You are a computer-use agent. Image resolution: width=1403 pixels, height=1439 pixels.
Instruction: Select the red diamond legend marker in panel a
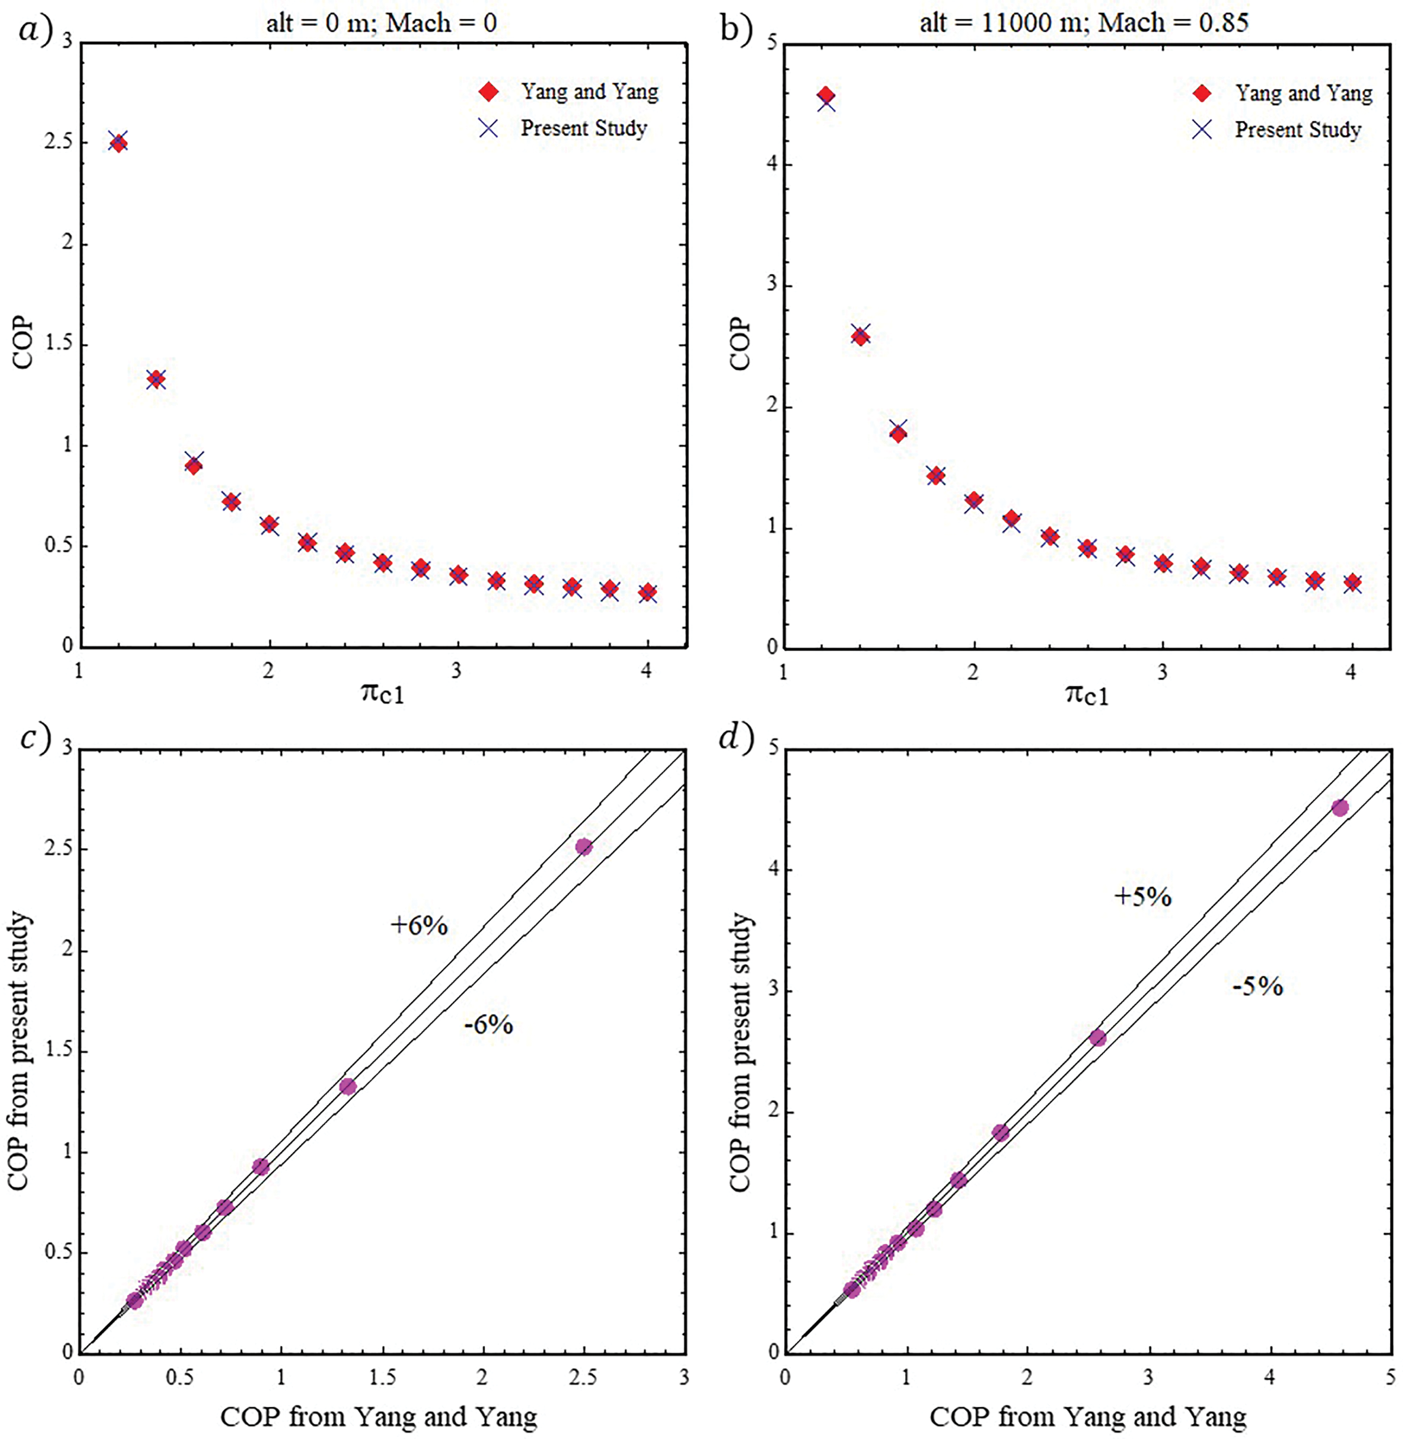pos(489,91)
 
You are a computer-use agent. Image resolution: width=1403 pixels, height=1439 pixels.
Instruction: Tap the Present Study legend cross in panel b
pos(1202,130)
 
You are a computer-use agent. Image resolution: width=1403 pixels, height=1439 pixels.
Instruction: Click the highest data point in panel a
pos(118,142)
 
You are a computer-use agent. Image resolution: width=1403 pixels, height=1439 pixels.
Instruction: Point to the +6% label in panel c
pos(418,926)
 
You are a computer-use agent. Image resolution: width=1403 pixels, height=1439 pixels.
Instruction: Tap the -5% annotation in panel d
pos(1258,986)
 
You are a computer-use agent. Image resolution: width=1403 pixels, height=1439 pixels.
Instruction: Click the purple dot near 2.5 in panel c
pos(584,847)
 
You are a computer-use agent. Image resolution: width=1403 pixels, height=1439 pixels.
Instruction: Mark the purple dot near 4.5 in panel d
pos(1340,808)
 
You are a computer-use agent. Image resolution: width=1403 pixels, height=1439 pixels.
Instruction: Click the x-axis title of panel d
pos(1088,1416)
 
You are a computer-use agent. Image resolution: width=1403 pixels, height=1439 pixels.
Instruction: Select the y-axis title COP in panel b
pos(739,345)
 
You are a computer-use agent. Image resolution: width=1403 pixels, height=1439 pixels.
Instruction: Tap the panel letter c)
pos(35,739)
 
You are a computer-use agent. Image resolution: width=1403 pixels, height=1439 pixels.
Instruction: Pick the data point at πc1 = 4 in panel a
pos(647,593)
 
